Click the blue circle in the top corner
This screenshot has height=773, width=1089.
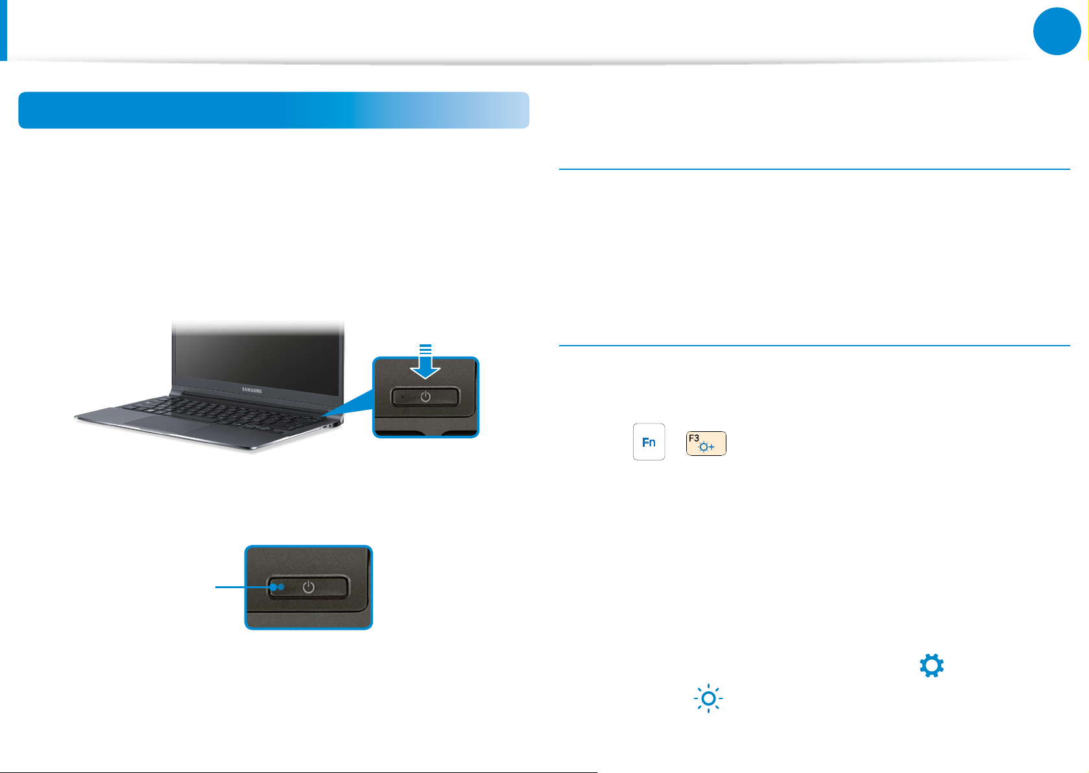(1057, 31)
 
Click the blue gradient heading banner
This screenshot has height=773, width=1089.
(273, 110)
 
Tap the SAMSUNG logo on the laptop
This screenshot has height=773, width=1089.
(252, 390)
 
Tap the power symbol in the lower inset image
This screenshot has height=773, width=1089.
(309, 587)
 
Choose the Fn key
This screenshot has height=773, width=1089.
(649, 442)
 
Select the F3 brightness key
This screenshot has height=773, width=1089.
(706, 444)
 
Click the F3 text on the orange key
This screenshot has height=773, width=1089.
(694, 438)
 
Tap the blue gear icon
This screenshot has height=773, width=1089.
(931, 666)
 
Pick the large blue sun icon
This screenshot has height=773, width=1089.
(708, 698)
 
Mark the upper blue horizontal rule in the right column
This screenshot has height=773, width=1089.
(814, 169)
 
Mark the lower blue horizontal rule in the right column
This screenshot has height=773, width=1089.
(814, 346)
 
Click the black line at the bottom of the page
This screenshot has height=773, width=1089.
(298, 772)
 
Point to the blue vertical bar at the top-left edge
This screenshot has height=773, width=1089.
(3, 30)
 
